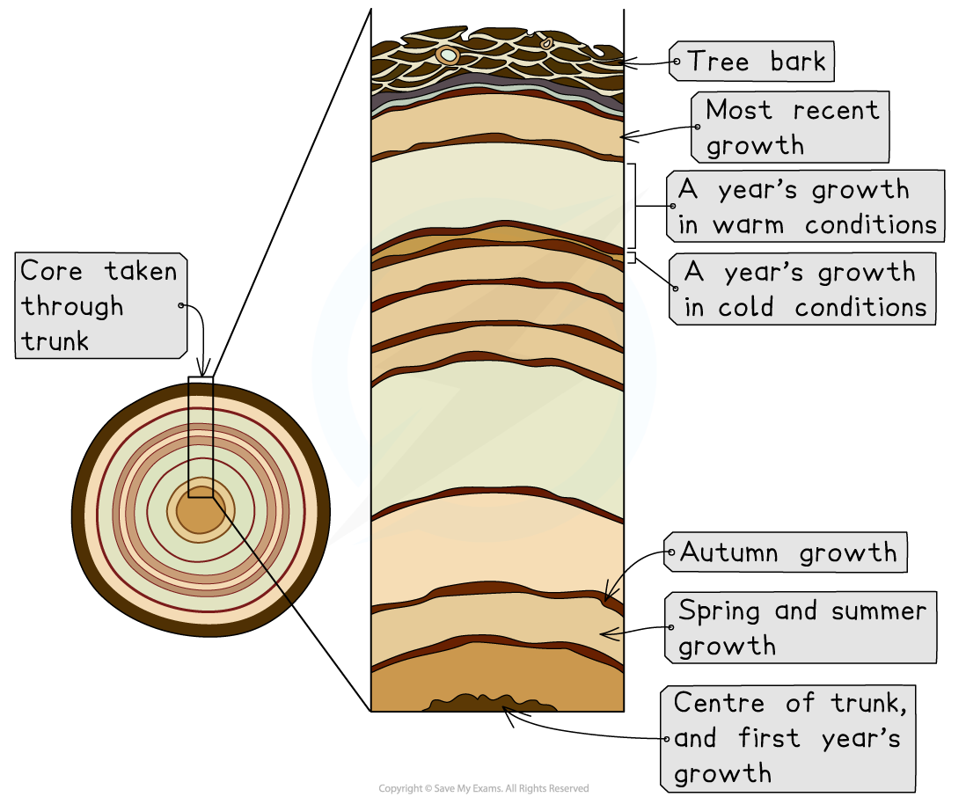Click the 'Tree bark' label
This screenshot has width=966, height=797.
pyautogui.click(x=752, y=62)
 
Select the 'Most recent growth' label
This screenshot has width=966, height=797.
pyautogui.click(x=790, y=127)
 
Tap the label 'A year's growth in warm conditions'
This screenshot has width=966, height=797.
pyautogui.click(x=806, y=207)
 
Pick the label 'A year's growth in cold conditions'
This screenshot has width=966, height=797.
pyautogui.click(x=802, y=289)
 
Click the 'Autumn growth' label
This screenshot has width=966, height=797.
pyautogui.click(x=786, y=552)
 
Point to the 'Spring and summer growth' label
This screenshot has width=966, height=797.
pyautogui.click(x=801, y=627)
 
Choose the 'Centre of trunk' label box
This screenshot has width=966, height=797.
pyautogui.click(x=788, y=738)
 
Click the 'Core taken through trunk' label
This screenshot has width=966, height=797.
pyautogui.click(x=99, y=306)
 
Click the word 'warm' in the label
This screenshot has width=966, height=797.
pyautogui.click(x=748, y=225)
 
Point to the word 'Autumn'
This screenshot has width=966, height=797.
pyautogui.click(x=729, y=553)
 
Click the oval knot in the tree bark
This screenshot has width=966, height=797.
pyautogui.click(x=448, y=55)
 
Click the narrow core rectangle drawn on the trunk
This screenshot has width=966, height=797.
pyautogui.click(x=201, y=440)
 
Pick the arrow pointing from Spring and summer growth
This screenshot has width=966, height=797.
pyautogui.click(x=611, y=632)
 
